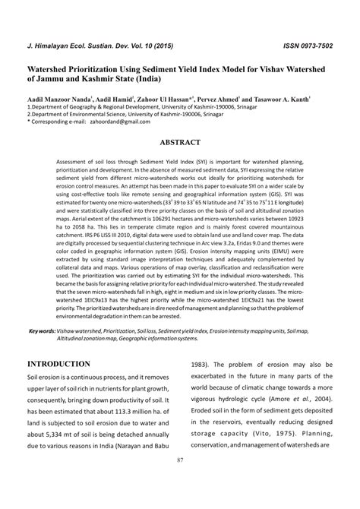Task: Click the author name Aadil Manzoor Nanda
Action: pos(58,100)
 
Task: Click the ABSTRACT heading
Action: pos(180,142)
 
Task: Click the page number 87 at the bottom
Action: pos(180,480)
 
